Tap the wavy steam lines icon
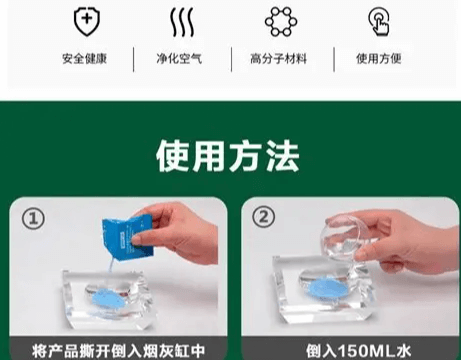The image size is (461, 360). tap(182, 21)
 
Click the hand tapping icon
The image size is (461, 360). tap(379, 21)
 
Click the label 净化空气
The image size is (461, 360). tap(181, 58)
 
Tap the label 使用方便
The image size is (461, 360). tap(379, 58)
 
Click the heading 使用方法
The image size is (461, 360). tap(229, 156)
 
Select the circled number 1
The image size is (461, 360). tap(35, 218)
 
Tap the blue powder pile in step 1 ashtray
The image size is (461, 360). tap(100, 297)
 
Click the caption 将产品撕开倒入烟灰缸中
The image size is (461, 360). tap(117, 350)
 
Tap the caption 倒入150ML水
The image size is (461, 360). tap(345, 350)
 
